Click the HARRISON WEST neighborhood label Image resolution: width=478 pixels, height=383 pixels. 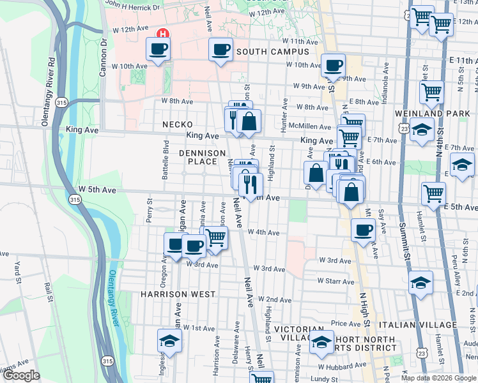click(x=178, y=294)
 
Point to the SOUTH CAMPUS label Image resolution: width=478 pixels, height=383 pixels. click(x=273, y=52)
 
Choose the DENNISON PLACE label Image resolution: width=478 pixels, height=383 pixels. click(x=202, y=157)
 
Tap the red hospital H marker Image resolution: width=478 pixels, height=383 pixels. click(x=163, y=33)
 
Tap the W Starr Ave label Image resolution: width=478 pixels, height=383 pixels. click(x=335, y=280)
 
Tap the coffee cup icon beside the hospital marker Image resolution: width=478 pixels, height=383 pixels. click(x=158, y=49)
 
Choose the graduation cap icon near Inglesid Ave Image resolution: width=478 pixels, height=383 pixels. click(x=169, y=340)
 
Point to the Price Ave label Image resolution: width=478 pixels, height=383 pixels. click(x=346, y=324)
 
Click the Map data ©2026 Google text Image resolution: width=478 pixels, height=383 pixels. click(x=438, y=378)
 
